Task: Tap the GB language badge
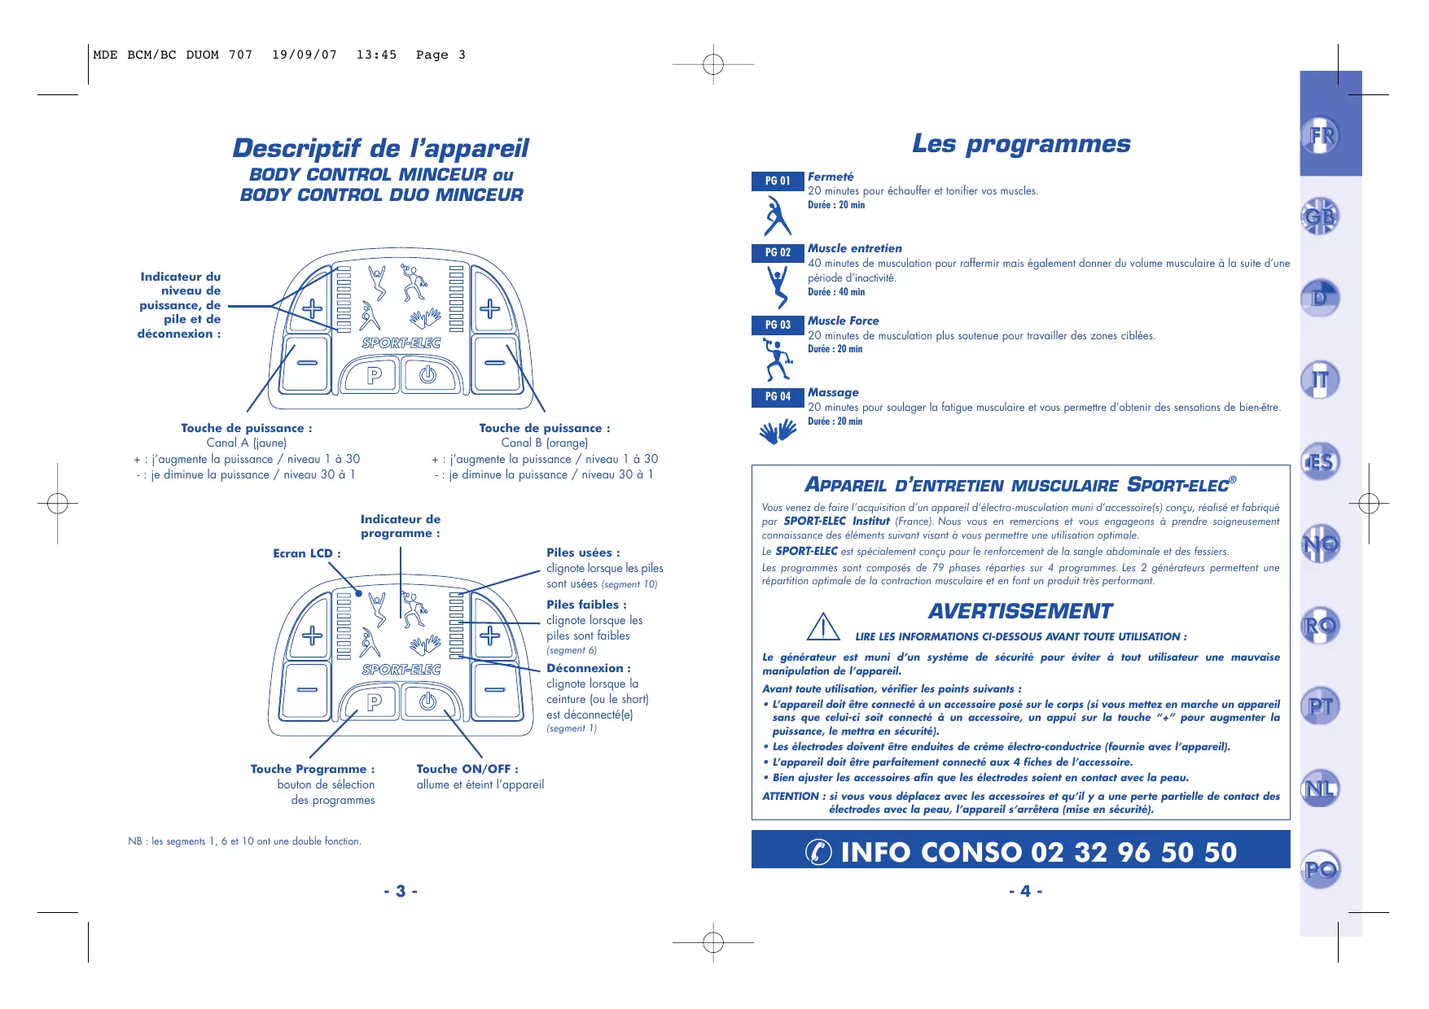[1320, 216]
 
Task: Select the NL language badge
[1320, 788]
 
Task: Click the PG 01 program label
[778, 181]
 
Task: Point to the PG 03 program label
[778, 325]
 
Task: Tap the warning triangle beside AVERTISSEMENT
[823, 627]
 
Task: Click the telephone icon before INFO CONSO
[818, 851]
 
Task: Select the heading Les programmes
[1021, 144]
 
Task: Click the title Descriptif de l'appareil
[381, 148]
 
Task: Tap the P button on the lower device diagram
[375, 701]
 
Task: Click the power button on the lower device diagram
[428, 701]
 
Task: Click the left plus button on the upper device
[312, 308]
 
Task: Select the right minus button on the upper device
[494, 363]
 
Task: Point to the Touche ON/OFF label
[467, 769]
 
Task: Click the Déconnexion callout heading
[588, 668]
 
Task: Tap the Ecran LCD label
[306, 553]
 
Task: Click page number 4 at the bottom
[1025, 891]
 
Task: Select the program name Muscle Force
[843, 321]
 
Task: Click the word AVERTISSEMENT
[1020, 611]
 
